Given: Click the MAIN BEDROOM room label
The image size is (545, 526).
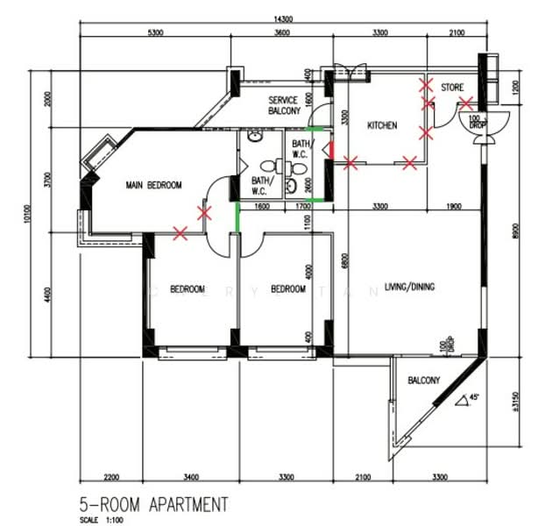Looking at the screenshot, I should click(x=153, y=185).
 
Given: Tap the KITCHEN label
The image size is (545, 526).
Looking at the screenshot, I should click(x=381, y=126).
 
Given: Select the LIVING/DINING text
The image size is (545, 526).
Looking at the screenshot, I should click(x=409, y=287).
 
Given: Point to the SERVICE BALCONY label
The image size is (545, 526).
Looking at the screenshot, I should click(x=284, y=106).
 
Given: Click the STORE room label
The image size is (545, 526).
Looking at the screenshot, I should click(x=452, y=88).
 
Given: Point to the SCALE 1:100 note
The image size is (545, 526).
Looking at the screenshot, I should click(x=100, y=519).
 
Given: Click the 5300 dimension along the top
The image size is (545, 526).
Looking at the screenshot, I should click(x=156, y=32).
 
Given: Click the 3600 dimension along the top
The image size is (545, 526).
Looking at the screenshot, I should click(x=279, y=32).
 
